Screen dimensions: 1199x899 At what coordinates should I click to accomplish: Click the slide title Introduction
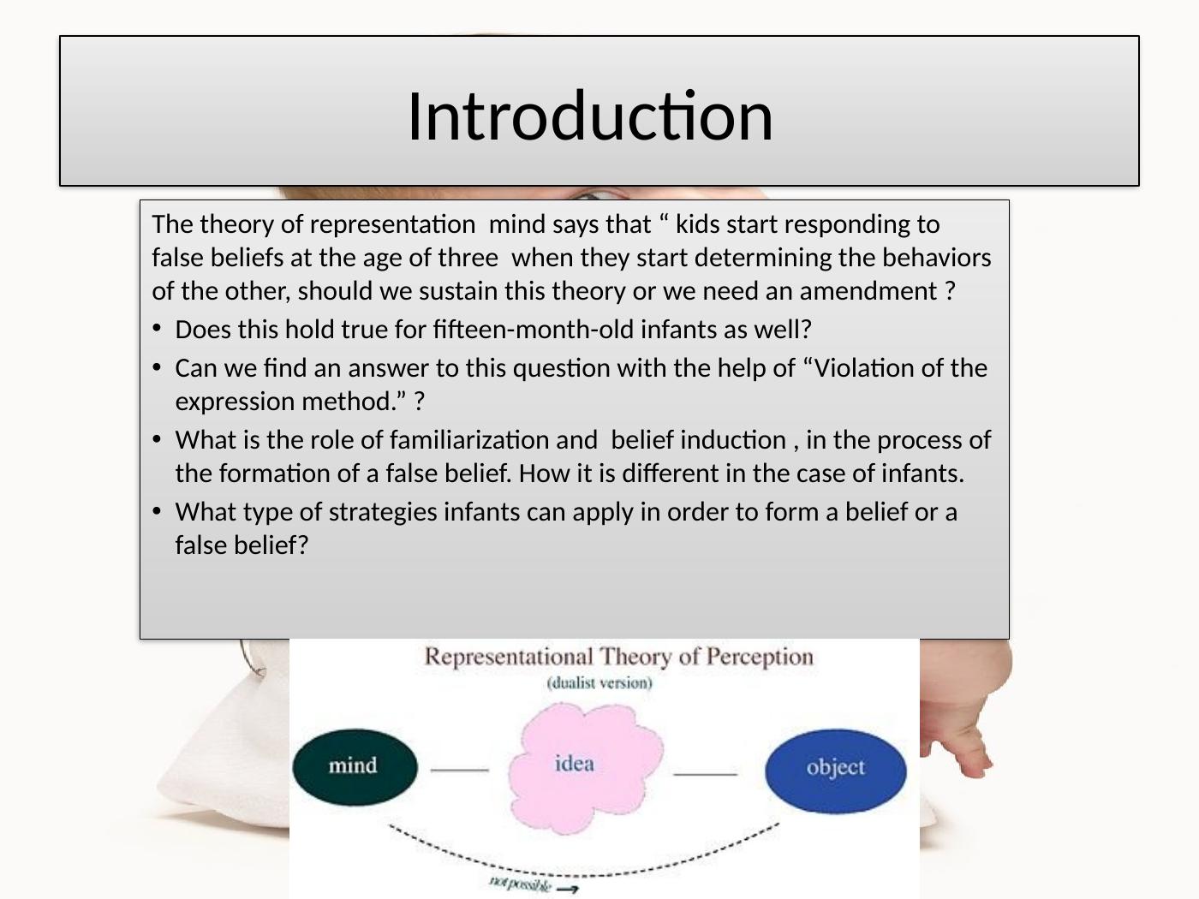click(590, 116)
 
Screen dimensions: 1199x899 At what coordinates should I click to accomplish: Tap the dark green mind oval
click(355, 767)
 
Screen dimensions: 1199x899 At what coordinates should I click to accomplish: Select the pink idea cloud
click(586, 767)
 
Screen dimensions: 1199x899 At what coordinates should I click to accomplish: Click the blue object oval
click(836, 771)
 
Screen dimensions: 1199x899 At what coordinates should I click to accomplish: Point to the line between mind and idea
click(459, 770)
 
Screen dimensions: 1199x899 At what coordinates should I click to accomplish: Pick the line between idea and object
click(705, 773)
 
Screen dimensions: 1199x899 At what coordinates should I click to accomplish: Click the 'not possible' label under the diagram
click(520, 882)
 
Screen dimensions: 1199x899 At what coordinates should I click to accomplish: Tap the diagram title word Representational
click(509, 657)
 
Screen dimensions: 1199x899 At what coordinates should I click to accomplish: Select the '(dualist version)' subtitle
click(599, 683)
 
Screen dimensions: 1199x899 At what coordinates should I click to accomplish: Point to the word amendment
click(868, 291)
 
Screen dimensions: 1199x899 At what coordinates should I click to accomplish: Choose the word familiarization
click(493, 440)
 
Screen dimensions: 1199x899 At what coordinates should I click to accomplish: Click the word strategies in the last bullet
click(382, 513)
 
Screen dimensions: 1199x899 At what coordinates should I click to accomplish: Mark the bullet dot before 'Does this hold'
click(158, 329)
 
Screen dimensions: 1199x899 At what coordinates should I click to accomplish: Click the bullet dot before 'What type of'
click(158, 511)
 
